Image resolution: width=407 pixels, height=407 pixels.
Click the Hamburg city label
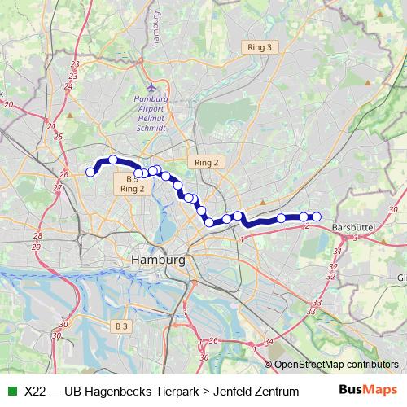pyautogui.click(x=158, y=260)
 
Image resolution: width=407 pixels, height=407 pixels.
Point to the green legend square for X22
pyautogui.click(x=11, y=391)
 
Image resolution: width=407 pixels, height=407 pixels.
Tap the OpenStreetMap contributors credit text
pyautogui.click(x=335, y=365)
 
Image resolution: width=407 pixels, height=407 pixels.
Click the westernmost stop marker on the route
pyautogui.click(x=90, y=172)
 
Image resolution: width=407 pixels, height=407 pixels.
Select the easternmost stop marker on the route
pyautogui.click(x=317, y=217)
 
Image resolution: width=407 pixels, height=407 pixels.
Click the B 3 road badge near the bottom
pyautogui.click(x=121, y=326)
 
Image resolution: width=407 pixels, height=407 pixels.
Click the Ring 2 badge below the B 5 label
pyautogui.click(x=131, y=189)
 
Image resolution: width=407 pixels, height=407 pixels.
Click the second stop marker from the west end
pyautogui.click(x=113, y=160)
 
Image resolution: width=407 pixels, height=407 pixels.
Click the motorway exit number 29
pyautogui.click(x=36, y=246)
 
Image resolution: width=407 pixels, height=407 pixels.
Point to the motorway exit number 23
pyautogui.click(x=75, y=63)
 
